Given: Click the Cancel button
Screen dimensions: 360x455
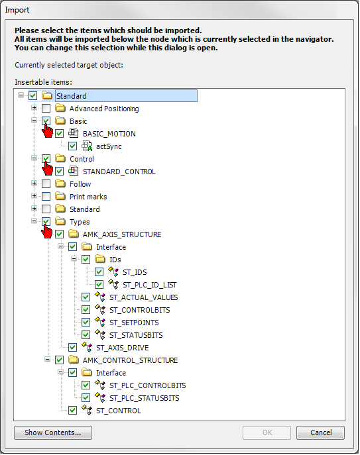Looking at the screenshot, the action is [x=320, y=432].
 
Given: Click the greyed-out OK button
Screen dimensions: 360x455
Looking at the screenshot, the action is [x=267, y=432].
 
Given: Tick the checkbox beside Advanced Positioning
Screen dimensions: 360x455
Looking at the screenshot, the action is [x=46, y=109].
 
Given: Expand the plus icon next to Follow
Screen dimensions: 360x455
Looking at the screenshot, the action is [x=34, y=183].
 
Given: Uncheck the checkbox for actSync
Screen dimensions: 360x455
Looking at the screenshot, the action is [x=73, y=146].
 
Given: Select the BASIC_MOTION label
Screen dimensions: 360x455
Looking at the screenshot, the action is [x=109, y=134].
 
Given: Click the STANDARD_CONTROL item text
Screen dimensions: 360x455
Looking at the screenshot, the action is [x=119, y=172].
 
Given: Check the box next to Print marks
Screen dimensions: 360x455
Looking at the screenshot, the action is [x=46, y=197].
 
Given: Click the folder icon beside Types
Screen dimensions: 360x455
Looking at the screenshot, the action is [x=60, y=221].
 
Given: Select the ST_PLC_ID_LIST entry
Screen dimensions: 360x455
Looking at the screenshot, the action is [x=149, y=285].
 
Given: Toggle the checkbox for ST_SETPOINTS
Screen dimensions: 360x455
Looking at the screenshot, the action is [x=86, y=323].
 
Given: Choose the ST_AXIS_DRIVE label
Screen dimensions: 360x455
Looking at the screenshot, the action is [x=123, y=348].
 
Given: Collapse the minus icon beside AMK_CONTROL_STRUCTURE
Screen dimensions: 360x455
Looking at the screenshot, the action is [x=47, y=360].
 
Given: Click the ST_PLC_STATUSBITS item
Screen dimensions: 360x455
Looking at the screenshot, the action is [x=144, y=398].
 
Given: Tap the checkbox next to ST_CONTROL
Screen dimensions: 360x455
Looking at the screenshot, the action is [x=73, y=411].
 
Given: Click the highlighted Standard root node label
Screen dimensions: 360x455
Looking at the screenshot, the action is [x=72, y=96].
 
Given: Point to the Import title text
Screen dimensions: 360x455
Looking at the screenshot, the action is [x=17, y=10].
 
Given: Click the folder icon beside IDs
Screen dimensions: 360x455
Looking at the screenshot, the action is [x=100, y=259].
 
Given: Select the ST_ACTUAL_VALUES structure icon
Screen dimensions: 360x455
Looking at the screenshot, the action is [x=100, y=297].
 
